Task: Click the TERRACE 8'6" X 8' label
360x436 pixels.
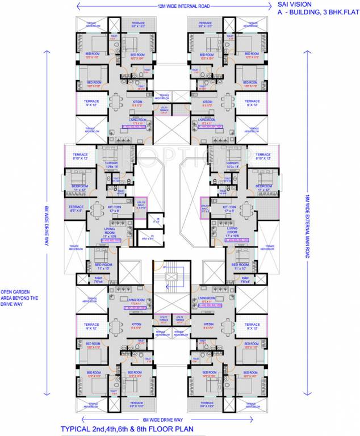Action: click(x=76, y=209)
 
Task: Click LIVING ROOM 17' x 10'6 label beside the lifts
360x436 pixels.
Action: click(x=111, y=233)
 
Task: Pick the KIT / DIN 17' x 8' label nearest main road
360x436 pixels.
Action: click(x=229, y=209)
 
